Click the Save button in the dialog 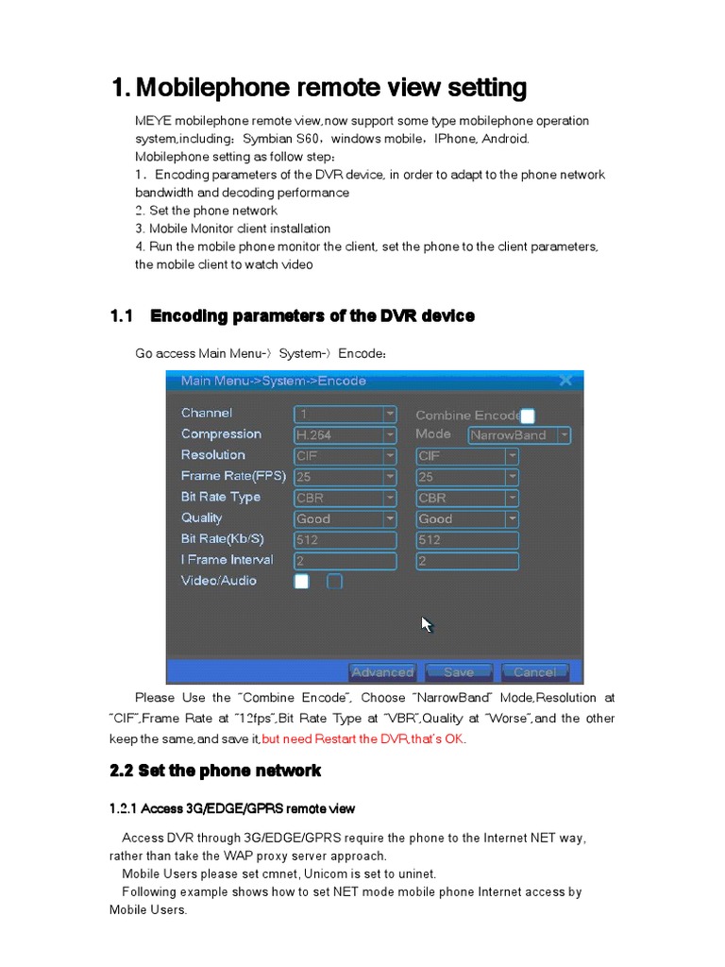click(x=458, y=672)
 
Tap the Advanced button click(x=382, y=672)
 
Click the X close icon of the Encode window click(x=565, y=381)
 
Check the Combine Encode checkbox click(x=528, y=416)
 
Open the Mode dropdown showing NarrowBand click(x=520, y=435)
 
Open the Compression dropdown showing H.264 click(x=346, y=435)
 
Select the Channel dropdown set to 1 click(x=346, y=415)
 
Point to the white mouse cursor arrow click(x=426, y=623)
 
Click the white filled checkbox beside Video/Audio click(x=301, y=582)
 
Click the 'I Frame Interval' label click(x=227, y=560)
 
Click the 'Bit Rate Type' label click(x=220, y=497)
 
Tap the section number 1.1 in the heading click(x=123, y=316)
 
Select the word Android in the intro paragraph click(x=505, y=139)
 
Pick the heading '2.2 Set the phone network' click(x=215, y=772)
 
